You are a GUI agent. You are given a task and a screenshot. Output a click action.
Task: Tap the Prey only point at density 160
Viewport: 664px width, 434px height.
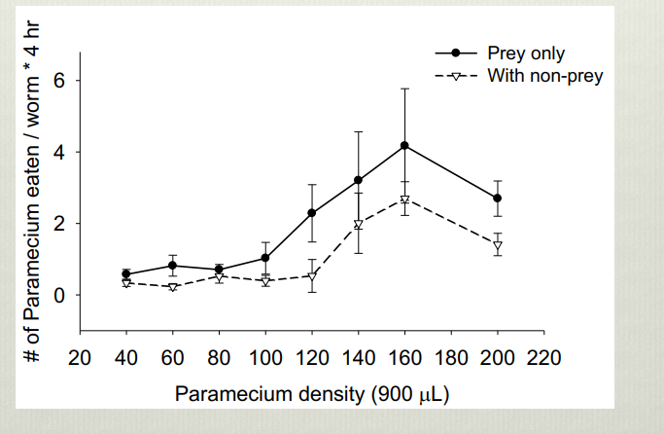[403, 146]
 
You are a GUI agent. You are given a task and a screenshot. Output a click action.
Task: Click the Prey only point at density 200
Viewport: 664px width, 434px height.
[497, 198]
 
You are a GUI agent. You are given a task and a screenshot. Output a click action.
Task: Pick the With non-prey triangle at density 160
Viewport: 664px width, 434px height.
[403, 200]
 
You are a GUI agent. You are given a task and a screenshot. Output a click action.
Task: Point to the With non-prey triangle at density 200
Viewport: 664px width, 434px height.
[497, 245]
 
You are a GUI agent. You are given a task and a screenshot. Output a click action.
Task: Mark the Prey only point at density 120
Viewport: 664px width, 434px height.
[311, 213]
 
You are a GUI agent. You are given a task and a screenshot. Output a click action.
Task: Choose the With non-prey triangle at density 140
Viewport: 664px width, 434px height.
[358, 225]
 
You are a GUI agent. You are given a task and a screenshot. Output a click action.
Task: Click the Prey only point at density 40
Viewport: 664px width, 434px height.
[125, 274]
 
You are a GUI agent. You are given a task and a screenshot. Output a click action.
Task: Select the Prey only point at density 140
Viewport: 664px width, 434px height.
[358, 180]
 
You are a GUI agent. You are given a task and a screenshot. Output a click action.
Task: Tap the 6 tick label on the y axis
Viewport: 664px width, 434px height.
[57, 81]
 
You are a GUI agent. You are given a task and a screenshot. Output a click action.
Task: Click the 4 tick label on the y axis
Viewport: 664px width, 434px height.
[57, 153]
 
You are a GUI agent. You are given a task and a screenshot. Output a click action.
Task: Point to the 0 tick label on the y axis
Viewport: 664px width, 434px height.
[57, 295]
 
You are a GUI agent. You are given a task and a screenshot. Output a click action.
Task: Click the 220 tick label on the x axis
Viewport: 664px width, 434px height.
[542, 357]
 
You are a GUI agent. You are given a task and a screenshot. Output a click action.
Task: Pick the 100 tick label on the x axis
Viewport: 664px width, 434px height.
[264, 357]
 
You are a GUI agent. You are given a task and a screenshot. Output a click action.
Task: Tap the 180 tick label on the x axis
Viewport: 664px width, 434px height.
[450, 357]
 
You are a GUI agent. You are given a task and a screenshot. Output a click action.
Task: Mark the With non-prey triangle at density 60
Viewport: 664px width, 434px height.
[172, 287]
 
